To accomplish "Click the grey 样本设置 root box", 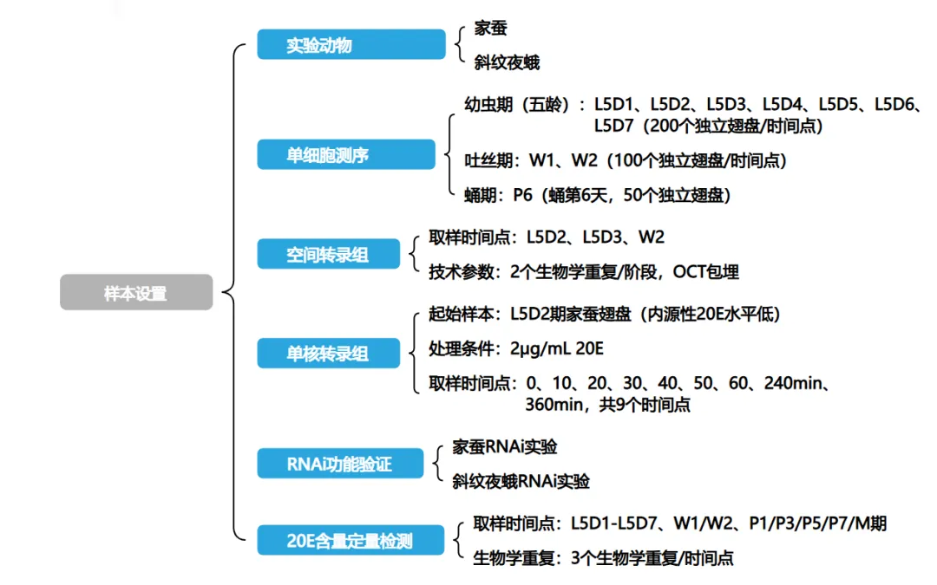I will click(x=135, y=293).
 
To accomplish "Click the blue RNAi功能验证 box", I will click(x=339, y=464).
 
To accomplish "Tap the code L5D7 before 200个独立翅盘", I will click(x=616, y=126).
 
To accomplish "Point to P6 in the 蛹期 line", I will click(x=522, y=195).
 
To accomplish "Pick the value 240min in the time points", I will click(x=794, y=383).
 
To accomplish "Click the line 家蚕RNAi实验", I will click(x=505, y=447).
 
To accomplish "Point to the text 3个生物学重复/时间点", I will click(x=652, y=558).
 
